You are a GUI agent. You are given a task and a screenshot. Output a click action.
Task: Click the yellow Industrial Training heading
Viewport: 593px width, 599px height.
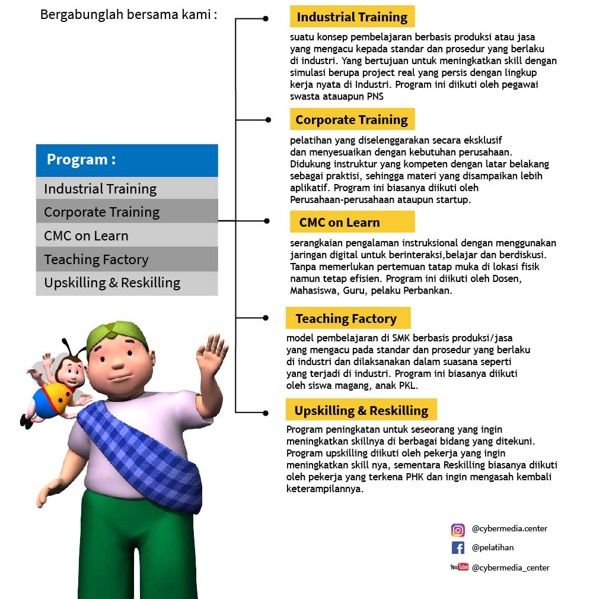352,17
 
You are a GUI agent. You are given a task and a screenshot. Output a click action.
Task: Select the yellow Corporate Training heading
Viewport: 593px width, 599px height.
352,119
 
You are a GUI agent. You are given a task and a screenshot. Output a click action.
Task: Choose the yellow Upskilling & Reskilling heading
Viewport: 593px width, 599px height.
361,410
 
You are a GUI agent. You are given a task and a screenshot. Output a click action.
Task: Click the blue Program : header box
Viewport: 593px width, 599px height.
127,160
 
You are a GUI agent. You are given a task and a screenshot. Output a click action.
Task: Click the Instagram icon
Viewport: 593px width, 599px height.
458,530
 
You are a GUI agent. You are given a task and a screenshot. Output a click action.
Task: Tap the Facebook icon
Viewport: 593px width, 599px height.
458,548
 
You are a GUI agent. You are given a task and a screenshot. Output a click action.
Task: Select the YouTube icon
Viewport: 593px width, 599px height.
459,567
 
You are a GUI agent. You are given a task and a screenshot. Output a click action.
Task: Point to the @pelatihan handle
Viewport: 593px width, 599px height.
492,547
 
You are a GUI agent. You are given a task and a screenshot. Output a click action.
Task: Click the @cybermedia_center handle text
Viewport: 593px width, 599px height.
511,568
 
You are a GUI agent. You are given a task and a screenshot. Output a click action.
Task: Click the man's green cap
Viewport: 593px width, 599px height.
116,334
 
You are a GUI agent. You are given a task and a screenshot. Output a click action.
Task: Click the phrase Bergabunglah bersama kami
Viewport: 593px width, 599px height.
128,14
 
